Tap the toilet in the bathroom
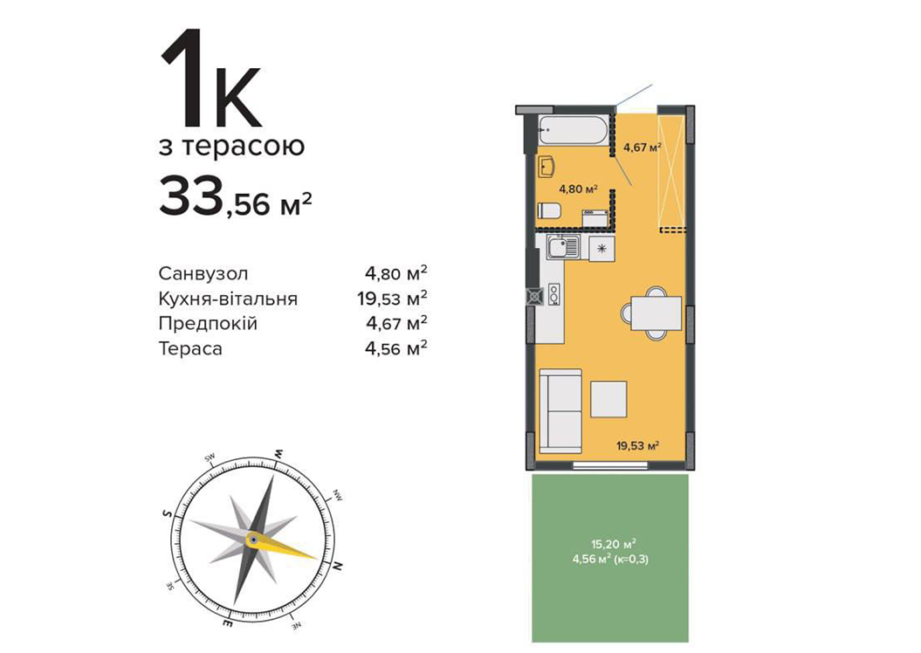coord(550,210)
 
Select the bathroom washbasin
coord(546,167)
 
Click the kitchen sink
coord(563,247)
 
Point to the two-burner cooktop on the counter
coord(553,293)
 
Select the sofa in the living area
coord(560,411)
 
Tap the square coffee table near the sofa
coord(608,399)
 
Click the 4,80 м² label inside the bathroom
coord(578,189)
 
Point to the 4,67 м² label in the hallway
coord(643,148)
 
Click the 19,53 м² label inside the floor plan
coord(637,446)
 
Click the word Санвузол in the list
coord(203,273)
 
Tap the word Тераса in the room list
coord(190,349)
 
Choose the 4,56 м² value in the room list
coord(395,348)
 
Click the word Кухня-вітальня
coord(228,299)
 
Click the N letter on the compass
coord(338,566)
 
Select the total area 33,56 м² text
coord(235,198)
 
